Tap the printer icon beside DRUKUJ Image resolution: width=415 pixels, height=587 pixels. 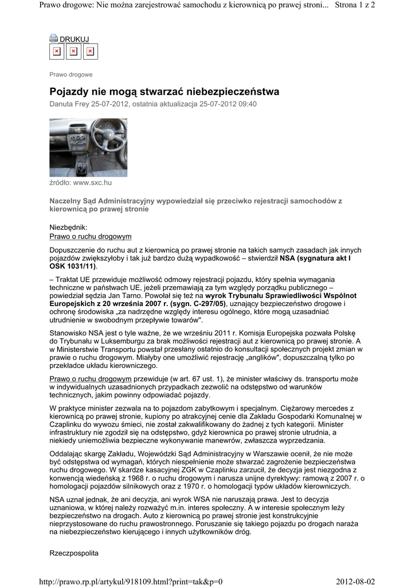coord(54,38)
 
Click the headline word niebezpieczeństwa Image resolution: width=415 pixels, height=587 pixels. coord(236,92)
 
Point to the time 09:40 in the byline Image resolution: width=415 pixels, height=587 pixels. coord(246,104)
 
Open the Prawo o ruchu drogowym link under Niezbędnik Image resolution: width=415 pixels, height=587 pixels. coord(91,236)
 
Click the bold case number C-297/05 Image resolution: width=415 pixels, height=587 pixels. coord(204,303)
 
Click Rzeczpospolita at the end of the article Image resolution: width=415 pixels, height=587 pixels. coord(75,553)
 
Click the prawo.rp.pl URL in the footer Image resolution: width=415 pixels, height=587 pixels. coord(130,581)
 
